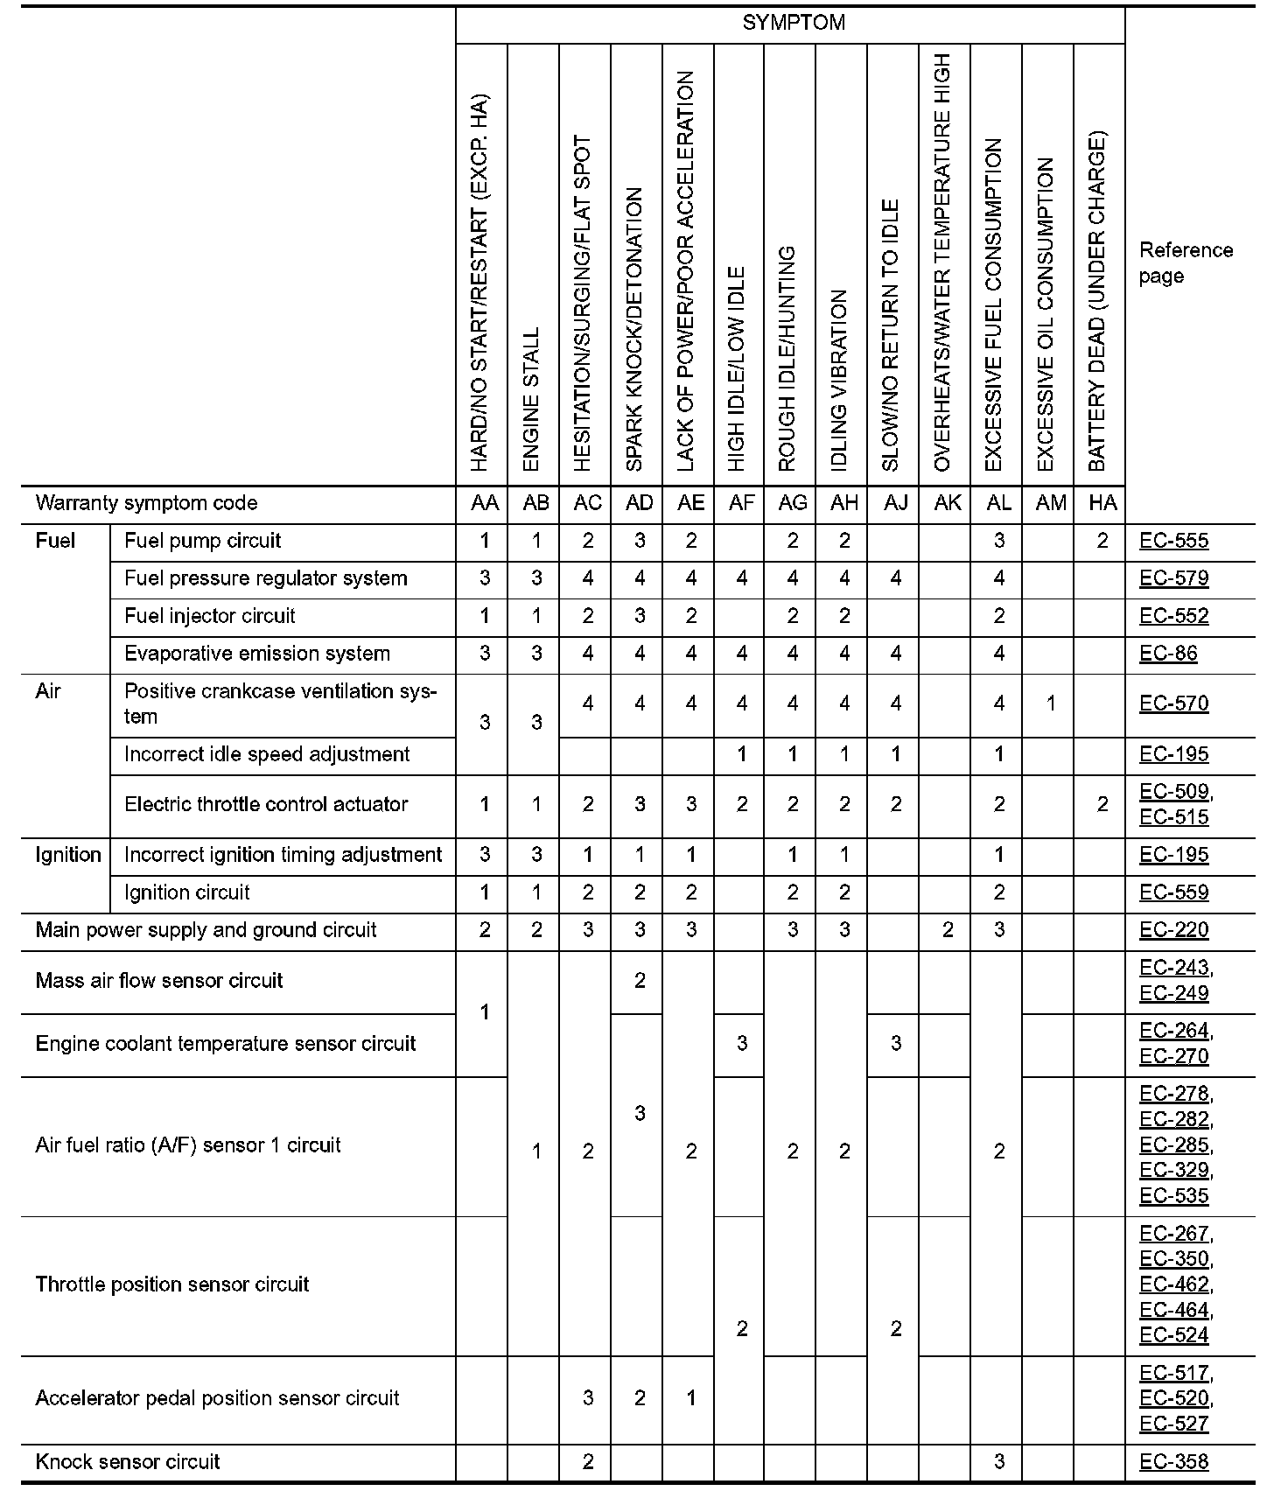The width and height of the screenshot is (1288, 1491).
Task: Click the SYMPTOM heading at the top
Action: tap(793, 23)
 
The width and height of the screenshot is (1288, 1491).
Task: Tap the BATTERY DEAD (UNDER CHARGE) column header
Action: tap(1097, 302)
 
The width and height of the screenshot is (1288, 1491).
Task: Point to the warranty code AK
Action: tap(948, 503)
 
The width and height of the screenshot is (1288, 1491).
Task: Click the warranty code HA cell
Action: tap(1102, 503)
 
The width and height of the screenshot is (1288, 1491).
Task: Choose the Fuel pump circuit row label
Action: tap(202, 541)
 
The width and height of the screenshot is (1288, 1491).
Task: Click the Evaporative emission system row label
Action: tap(256, 654)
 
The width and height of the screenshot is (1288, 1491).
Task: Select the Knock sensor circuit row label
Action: tap(127, 1461)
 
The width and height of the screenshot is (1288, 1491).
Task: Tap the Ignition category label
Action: tap(67, 855)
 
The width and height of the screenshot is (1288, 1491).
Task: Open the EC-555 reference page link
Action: tap(1173, 541)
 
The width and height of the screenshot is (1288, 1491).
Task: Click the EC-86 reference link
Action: tap(1168, 654)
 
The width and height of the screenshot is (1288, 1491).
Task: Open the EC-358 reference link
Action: tap(1173, 1461)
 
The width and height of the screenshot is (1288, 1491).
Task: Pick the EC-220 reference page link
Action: tap(1173, 930)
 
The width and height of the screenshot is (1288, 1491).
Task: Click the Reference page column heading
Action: tap(1186, 262)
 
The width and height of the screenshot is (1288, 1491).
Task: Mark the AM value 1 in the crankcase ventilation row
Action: tap(1051, 703)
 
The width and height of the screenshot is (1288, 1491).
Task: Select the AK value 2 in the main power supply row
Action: tap(948, 930)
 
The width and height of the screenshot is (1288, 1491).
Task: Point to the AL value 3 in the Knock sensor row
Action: tap(999, 1461)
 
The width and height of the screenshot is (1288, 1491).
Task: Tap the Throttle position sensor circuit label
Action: tap(171, 1284)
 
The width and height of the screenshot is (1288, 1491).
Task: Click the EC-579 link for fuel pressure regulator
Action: tap(1173, 578)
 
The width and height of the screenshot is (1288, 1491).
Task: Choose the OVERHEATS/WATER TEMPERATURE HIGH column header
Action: tap(942, 262)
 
